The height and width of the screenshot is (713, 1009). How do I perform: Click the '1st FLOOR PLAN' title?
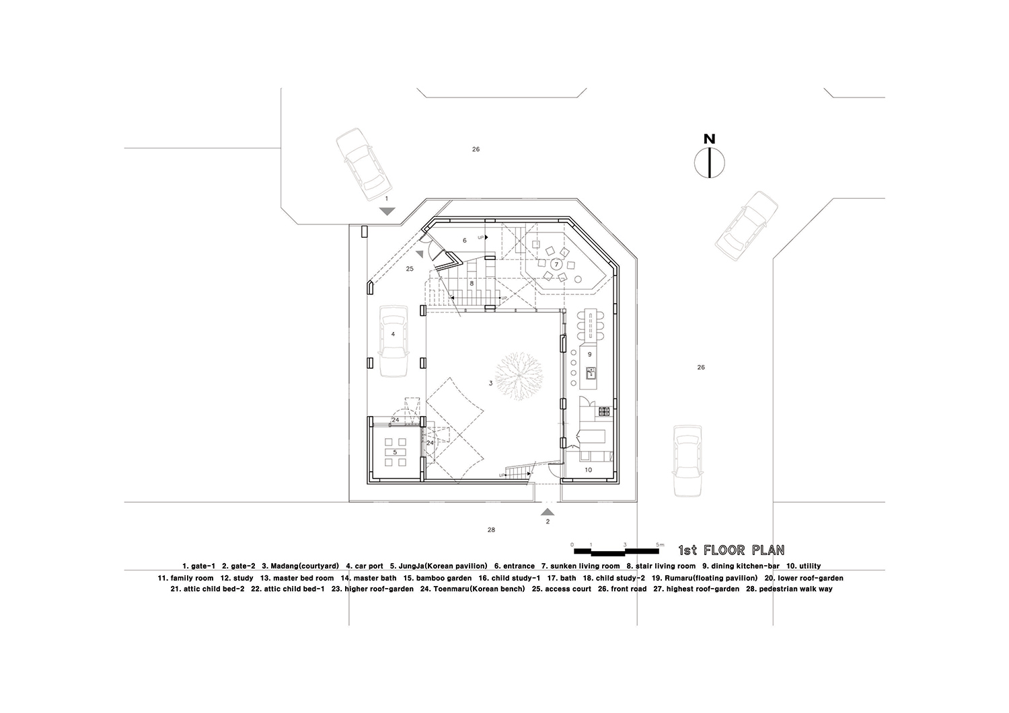(x=732, y=550)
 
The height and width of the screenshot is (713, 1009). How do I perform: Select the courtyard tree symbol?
(x=519, y=376)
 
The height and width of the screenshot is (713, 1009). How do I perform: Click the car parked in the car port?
(x=394, y=341)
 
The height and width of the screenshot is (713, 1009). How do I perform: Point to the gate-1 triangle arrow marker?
(x=387, y=211)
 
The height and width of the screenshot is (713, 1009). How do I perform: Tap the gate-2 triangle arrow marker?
(x=548, y=512)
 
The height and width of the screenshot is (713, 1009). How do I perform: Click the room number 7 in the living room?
(x=556, y=265)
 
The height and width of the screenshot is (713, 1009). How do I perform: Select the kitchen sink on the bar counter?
(x=591, y=373)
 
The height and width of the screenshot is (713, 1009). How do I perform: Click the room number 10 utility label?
(x=589, y=470)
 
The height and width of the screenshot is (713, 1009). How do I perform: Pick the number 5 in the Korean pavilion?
(x=395, y=452)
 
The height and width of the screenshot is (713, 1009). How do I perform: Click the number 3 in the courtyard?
(x=490, y=384)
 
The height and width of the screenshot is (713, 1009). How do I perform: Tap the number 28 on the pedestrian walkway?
(x=491, y=530)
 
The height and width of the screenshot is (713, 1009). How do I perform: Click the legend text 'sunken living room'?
(x=585, y=567)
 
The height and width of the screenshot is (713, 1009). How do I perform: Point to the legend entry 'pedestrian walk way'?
(x=796, y=589)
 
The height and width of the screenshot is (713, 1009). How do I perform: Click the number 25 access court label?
(x=410, y=269)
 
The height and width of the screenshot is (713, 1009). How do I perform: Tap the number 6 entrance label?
(x=465, y=241)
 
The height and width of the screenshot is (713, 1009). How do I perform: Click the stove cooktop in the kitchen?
(x=603, y=411)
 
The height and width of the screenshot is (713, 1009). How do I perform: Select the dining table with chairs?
(x=589, y=325)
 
